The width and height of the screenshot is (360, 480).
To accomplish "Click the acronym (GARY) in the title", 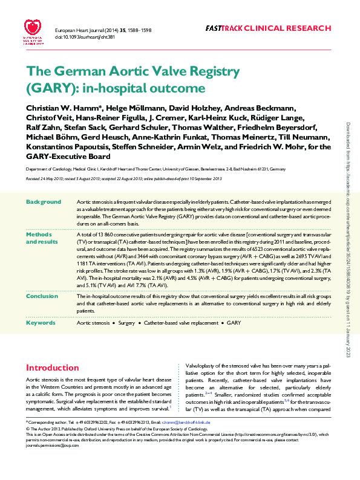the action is pyautogui.click(x=49, y=88).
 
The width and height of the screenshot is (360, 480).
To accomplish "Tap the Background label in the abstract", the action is pyautogui.click(x=44, y=202).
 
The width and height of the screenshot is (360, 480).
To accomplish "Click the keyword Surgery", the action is pyautogui.click(x=126, y=323).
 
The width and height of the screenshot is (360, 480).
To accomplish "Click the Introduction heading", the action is pyautogui.click(x=52, y=368).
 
